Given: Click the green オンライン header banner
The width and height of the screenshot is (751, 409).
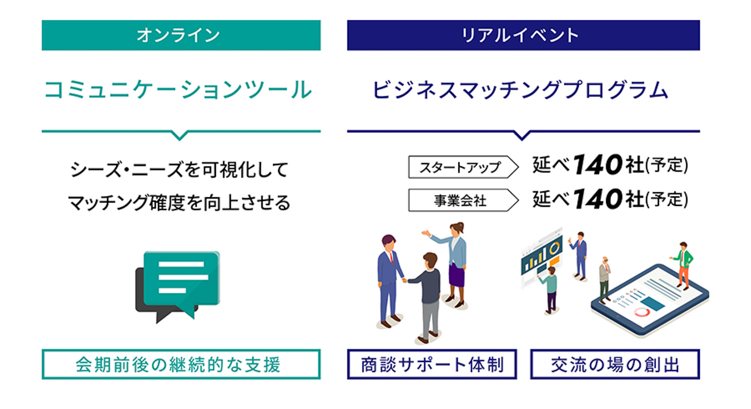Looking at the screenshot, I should [x=181, y=35].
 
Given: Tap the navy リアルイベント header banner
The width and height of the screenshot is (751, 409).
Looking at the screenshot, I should [x=523, y=35].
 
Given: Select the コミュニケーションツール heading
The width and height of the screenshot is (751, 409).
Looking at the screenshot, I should [x=178, y=90].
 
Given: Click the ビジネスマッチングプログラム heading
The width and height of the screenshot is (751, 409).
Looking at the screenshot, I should [x=520, y=90].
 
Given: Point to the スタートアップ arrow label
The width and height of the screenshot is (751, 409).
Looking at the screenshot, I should [x=463, y=167].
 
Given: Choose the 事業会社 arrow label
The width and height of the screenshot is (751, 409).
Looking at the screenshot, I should [x=463, y=200].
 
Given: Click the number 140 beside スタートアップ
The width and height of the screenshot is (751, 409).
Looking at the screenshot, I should [x=597, y=165].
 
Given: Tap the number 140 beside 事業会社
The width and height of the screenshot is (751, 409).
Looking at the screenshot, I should [x=597, y=199].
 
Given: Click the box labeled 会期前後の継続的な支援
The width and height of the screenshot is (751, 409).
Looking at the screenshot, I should [x=181, y=364].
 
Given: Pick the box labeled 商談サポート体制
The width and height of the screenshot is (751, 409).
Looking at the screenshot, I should [x=432, y=364].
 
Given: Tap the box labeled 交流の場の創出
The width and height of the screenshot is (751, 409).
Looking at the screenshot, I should [x=614, y=364].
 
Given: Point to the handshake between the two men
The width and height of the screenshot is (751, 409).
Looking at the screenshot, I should [x=405, y=280].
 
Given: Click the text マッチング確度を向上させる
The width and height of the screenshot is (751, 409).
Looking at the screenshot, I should [x=179, y=203].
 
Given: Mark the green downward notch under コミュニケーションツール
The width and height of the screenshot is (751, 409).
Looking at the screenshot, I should [x=180, y=135].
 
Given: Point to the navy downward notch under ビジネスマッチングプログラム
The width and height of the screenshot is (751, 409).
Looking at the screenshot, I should [x=522, y=135].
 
